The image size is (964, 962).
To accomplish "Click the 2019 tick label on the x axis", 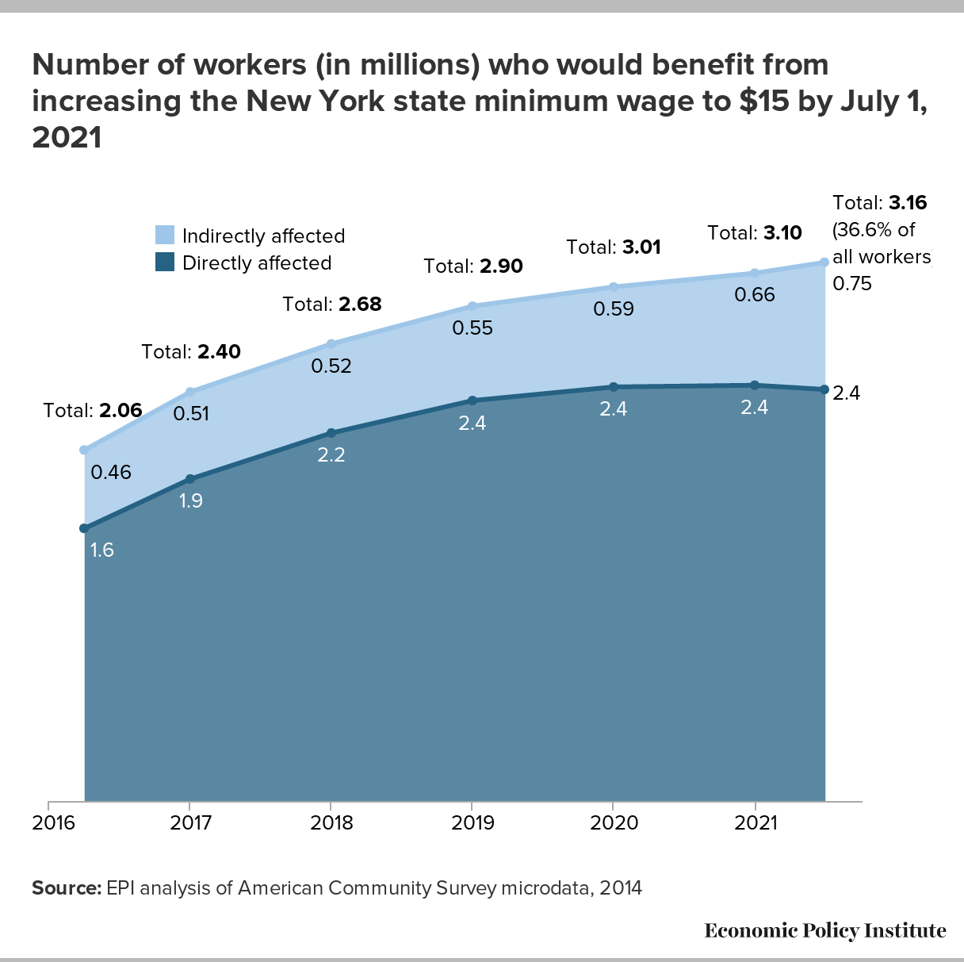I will (x=472, y=822).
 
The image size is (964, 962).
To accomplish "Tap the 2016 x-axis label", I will (x=53, y=822).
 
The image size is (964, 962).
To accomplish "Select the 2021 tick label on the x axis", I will (x=756, y=822).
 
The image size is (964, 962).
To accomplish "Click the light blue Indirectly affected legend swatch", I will (x=165, y=235).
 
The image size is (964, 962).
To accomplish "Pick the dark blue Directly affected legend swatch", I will (x=165, y=262).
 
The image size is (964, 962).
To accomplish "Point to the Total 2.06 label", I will (x=93, y=410).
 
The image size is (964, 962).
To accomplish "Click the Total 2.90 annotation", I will (x=473, y=266).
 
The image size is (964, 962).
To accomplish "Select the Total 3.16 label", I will (x=880, y=202).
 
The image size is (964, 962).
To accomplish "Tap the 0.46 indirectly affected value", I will (x=111, y=473).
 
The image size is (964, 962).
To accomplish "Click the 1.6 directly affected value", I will (x=102, y=550).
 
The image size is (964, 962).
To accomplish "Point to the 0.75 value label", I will (x=852, y=283).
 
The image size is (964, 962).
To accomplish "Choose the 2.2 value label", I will (x=331, y=455).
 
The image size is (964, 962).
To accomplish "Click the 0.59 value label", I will (x=614, y=309).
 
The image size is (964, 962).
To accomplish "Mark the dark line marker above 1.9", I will (x=190, y=479).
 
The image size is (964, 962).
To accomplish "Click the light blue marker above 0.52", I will (x=331, y=343).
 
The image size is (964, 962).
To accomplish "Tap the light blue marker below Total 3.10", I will (x=755, y=273).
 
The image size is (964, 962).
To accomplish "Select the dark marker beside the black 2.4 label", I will (x=824, y=389).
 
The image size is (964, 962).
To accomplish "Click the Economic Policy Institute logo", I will (x=824, y=929).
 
